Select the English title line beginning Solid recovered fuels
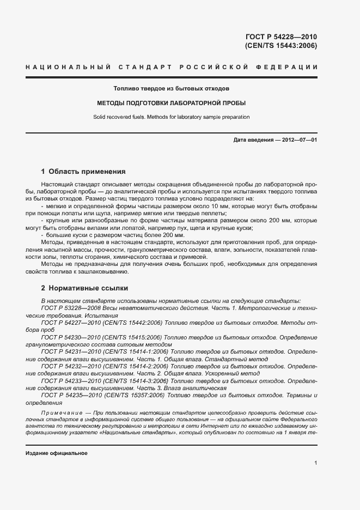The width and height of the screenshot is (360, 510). click(x=171, y=117)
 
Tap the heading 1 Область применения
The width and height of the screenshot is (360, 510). click(x=83, y=171)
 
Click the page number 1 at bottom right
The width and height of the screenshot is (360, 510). click(x=315, y=463)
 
